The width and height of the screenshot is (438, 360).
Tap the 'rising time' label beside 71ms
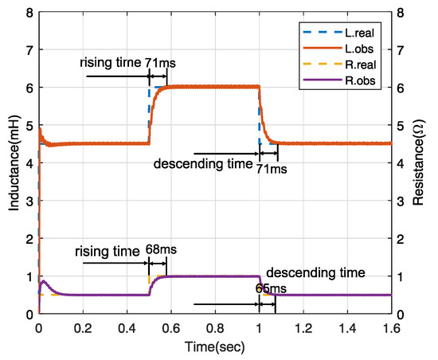(x=110, y=62)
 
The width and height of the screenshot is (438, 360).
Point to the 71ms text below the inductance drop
(x=268, y=169)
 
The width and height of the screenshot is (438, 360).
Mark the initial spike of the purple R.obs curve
(x=43, y=280)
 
